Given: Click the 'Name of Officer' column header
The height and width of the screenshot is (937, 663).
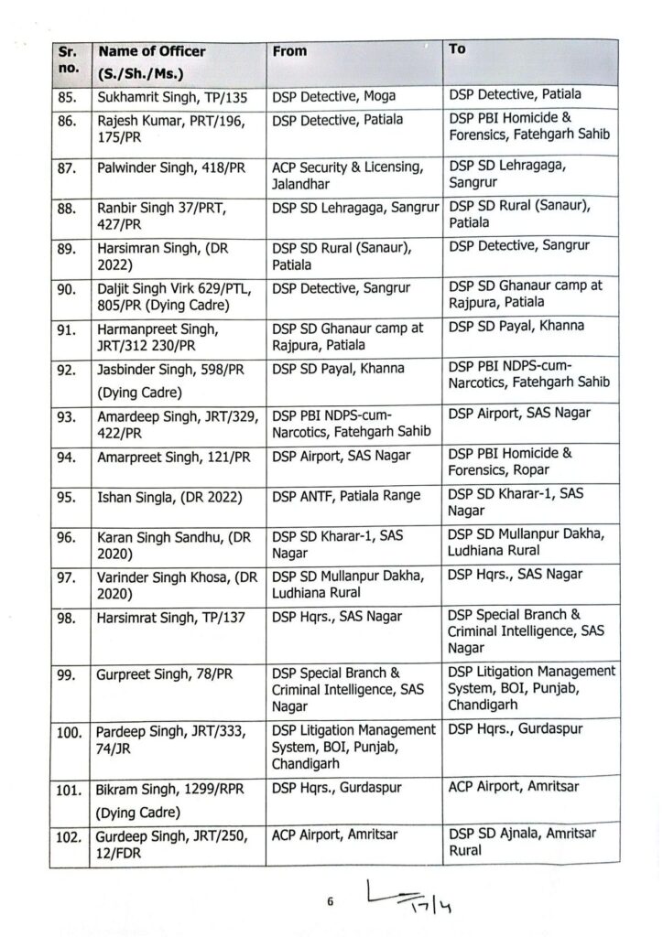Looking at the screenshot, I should pyautogui.click(x=152, y=52).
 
